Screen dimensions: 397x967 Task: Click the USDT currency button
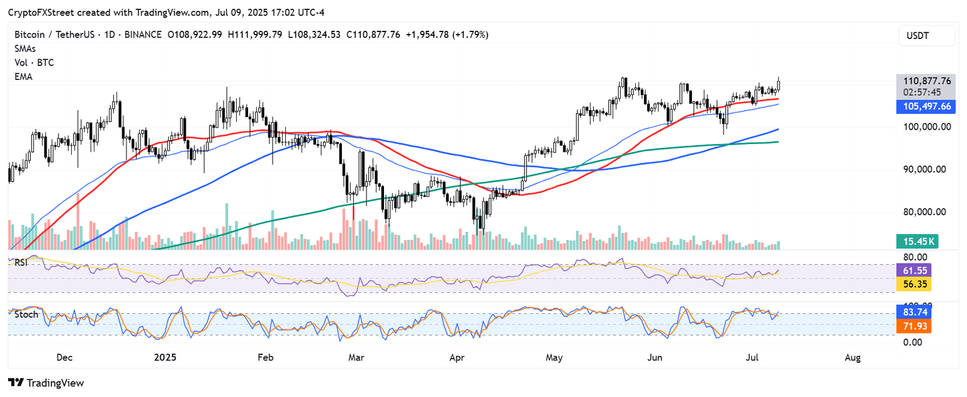[925, 36]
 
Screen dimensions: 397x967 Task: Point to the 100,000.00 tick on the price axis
[924, 126]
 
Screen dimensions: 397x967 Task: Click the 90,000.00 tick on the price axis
[924, 169]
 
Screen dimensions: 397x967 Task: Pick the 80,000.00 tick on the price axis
[924, 212]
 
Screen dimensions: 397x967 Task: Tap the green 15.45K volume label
[918, 241]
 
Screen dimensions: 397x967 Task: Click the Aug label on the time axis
[852, 357]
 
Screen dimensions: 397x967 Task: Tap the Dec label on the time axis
[64, 357]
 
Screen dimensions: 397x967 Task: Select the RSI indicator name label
[21, 262]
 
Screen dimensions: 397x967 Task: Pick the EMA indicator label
[24, 77]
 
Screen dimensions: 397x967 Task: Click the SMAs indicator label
[25, 48]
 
